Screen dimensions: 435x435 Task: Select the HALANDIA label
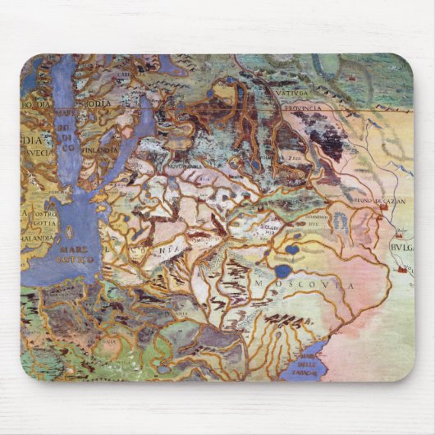36,237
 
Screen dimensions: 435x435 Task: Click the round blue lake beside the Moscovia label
283,270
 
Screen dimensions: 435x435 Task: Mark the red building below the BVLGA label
402,268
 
